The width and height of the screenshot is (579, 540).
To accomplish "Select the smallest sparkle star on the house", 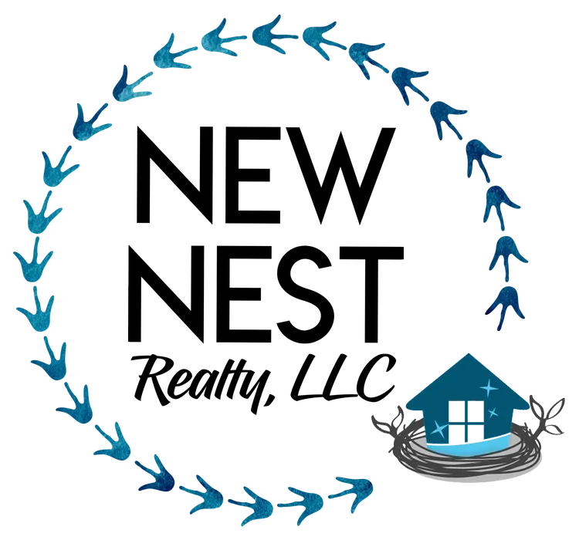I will tap(493, 413).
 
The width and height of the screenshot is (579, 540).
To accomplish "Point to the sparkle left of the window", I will tap(438, 427).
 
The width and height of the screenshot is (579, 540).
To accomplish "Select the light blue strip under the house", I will tap(466, 447).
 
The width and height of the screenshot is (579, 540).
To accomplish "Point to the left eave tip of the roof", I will tap(406, 405).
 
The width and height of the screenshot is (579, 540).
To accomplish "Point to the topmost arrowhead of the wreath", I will tap(266, 29).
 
